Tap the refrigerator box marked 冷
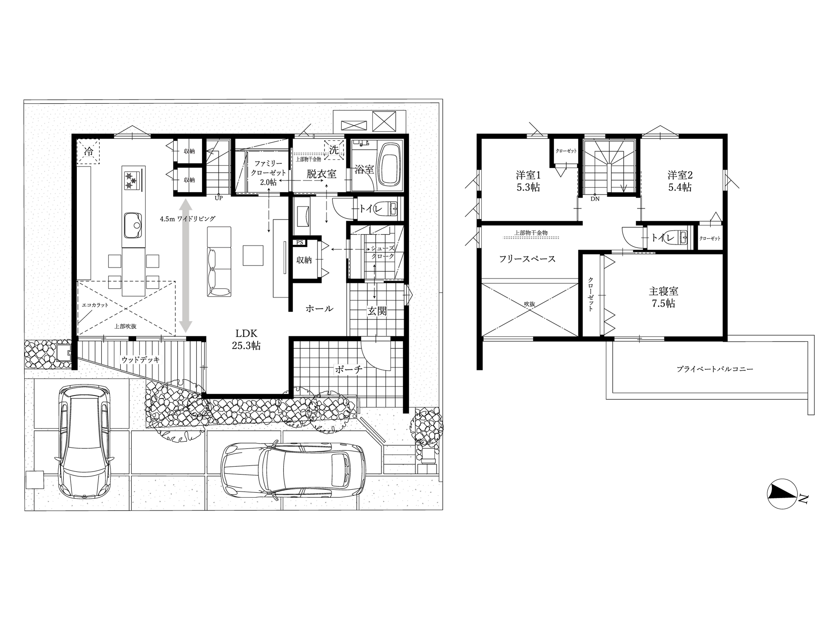click(88, 152)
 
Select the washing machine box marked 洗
click(334, 150)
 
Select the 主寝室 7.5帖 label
click(664, 297)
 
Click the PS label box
click(300, 242)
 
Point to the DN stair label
click(595, 199)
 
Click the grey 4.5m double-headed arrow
click(185, 265)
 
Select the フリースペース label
click(527, 259)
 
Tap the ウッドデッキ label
click(141, 360)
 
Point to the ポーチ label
click(349, 369)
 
